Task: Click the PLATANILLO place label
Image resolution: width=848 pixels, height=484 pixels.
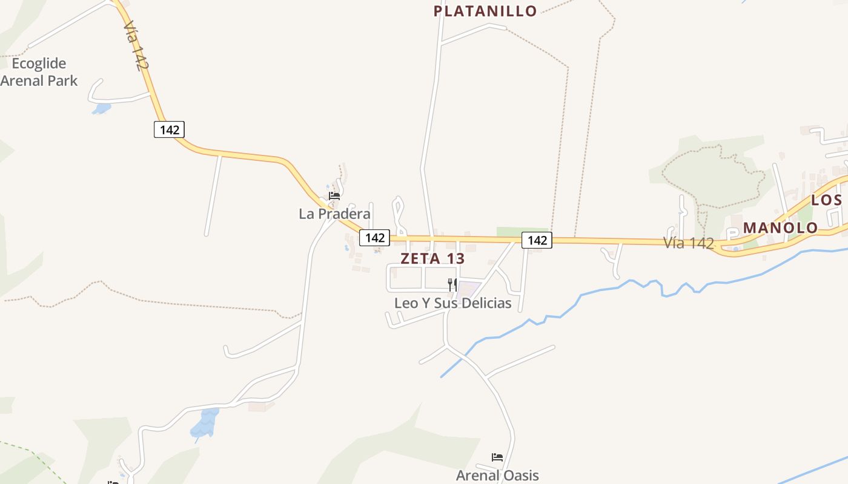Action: (485, 11)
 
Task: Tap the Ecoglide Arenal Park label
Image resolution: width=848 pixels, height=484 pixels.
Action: (39, 72)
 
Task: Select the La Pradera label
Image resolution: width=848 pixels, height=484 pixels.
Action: (334, 214)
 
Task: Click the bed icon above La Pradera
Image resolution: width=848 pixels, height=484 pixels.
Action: (334, 195)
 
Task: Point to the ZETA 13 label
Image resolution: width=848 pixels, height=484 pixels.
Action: (432, 258)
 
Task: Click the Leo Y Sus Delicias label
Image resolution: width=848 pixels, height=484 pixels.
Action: (452, 303)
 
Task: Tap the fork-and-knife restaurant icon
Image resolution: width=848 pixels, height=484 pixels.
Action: (452, 284)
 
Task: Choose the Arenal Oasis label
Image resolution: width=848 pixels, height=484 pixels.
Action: (497, 476)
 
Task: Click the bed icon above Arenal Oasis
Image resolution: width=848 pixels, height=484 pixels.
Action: (497, 457)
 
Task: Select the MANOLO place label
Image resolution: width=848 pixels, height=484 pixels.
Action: (780, 228)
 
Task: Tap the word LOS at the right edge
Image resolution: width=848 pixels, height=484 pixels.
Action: (826, 200)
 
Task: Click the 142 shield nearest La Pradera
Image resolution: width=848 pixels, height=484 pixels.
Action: (374, 238)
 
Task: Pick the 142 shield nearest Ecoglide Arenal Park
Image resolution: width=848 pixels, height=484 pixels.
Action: (169, 129)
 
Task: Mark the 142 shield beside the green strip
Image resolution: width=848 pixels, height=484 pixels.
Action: (537, 240)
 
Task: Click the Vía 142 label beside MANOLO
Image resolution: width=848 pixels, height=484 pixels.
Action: (689, 243)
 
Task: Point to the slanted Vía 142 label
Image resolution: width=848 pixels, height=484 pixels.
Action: (136, 46)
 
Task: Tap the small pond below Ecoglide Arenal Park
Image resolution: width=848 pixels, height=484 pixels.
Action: (102, 109)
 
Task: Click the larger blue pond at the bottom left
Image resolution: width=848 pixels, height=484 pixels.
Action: (204, 423)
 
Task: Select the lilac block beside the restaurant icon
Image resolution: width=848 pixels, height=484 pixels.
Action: (468, 289)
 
